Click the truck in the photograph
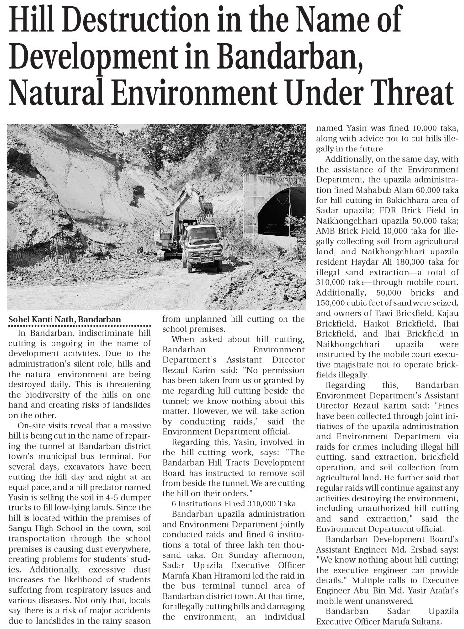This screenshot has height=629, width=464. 202,247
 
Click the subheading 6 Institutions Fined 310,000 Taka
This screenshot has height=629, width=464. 233,503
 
